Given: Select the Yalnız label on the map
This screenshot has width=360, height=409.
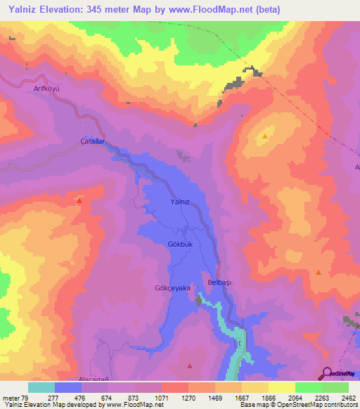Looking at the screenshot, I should [x=181, y=202].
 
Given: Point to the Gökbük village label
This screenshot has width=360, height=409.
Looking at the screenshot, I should [x=180, y=244].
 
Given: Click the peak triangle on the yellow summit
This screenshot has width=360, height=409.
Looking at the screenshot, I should [x=265, y=136].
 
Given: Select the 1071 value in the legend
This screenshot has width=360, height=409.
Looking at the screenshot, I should [x=162, y=398].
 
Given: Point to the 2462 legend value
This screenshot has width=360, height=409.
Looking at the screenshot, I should [x=348, y=398].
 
